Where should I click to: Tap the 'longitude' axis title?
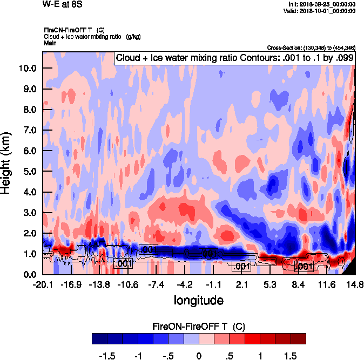[198, 300]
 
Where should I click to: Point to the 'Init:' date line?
[322, 4]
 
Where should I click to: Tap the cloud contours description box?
[234, 58]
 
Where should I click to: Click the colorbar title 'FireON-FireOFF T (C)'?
[199, 327]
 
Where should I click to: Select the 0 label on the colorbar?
[199, 356]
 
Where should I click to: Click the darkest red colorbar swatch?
[298, 339]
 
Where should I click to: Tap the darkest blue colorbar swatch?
[99, 339]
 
